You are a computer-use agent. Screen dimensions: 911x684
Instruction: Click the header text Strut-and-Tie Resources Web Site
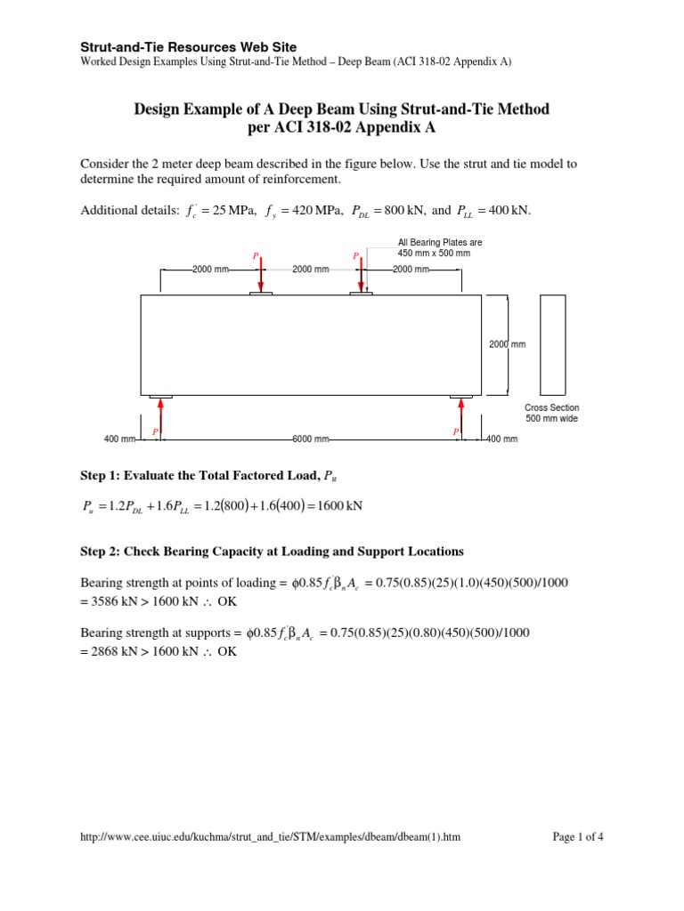tap(189, 46)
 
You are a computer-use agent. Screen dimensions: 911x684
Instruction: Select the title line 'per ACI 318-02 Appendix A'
tap(341, 128)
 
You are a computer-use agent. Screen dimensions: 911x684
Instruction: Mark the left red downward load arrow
tap(260, 273)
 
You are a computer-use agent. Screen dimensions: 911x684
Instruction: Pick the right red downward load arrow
tap(361, 273)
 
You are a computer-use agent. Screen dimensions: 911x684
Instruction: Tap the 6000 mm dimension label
tap(311, 439)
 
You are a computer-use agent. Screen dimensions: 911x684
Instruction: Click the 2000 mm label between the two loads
tap(311, 269)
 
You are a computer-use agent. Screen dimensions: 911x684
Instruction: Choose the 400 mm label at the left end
tap(119, 439)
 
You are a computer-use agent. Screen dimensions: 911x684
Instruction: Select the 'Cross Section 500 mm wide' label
tap(551, 413)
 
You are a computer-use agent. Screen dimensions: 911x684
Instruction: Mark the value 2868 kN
tap(111, 651)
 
